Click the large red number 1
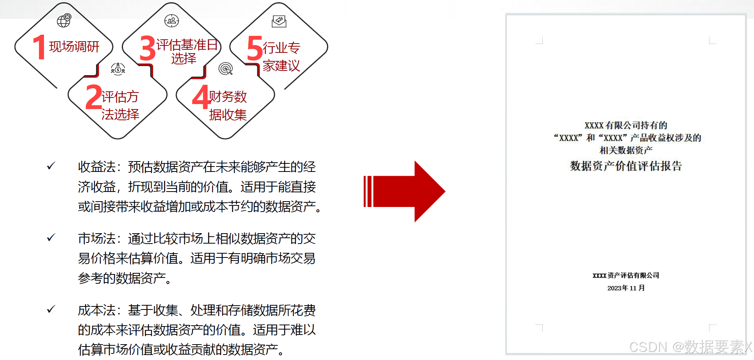pyautogui.click(x=39, y=47)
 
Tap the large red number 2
pyautogui.click(x=93, y=97)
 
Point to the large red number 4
pyautogui.click(x=201, y=97)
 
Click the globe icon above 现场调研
pyautogui.click(x=64, y=20)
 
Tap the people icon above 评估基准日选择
pyautogui.click(x=172, y=20)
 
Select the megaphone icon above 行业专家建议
pyautogui.click(x=279, y=21)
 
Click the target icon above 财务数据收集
pyautogui.click(x=226, y=69)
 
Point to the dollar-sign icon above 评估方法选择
pyautogui.click(x=118, y=69)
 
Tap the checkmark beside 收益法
pyautogui.click(x=51, y=166)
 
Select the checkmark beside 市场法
pyautogui.click(x=51, y=238)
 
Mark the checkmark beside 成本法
pyautogui.click(x=51, y=309)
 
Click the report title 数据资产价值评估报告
pyautogui.click(x=626, y=166)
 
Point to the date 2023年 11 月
pyautogui.click(x=626, y=288)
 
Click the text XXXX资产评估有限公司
pyautogui.click(x=626, y=275)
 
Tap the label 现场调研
pyautogui.click(x=74, y=47)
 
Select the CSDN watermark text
pyautogui.click(x=690, y=347)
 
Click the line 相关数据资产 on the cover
pyautogui.click(x=626, y=150)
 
